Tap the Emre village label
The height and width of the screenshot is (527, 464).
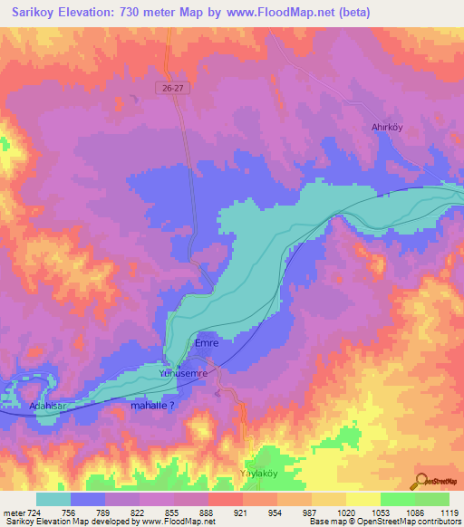click(x=206, y=344)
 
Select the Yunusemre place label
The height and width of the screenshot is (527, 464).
click(x=184, y=373)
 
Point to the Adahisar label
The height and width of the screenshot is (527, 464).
click(x=49, y=407)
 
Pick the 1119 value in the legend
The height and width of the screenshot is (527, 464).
click(x=449, y=513)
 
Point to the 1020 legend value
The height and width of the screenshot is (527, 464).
click(x=345, y=513)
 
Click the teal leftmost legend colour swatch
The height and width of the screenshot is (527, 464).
click(x=53, y=499)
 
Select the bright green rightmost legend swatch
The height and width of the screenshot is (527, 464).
click(x=431, y=499)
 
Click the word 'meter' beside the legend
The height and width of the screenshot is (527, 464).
click(x=13, y=513)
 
